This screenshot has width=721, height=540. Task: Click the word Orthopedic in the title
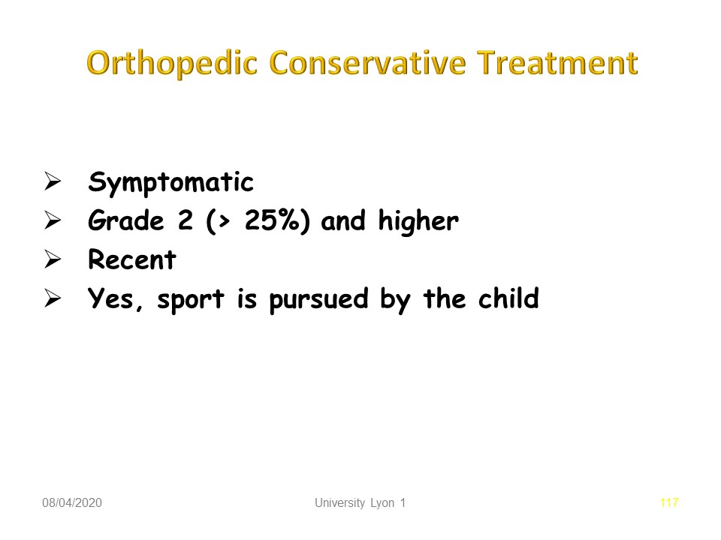[x=172, y=63]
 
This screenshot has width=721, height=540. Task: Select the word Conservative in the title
[x=367, y=62]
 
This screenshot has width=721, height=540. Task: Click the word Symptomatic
[x=170, y=183]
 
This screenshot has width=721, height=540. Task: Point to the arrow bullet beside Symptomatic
[x=53, y=181]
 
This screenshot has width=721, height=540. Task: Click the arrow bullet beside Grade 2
[x=53, y=220]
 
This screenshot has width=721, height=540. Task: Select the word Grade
[x=126, y=220]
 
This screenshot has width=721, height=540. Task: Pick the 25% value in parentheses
[x=272, y=220]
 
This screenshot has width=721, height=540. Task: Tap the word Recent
[x=132, y=259]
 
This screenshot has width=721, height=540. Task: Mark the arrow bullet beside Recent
[x=53, y=259]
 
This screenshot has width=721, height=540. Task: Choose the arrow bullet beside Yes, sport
[x=53, y=298]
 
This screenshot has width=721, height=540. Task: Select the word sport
[x=191, y=300]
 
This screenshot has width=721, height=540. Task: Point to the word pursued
[x=318, y=300]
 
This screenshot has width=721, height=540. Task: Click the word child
[x=508, y=298]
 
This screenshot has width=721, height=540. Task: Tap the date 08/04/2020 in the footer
[x=72, y=502]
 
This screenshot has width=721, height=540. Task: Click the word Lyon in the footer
[x=382, y=503]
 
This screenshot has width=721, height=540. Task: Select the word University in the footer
[x=339, y=503]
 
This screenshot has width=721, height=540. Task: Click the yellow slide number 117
[x=669, y=502]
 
